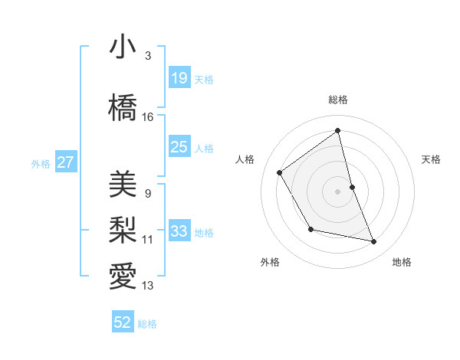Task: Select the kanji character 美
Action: pos(123,185)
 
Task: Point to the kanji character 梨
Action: pos(123,229)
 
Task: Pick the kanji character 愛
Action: pos(123,274)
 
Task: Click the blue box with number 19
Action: pos(179,78)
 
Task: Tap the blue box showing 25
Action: pos(179,147)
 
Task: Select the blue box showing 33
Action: pos(179,231)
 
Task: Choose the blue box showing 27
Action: pos(65,162)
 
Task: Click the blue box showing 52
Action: pos(123,322)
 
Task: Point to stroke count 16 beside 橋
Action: pos(148,117)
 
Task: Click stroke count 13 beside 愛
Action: pos(148,286)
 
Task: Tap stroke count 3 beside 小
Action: pos(148,56)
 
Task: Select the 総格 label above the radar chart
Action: pos(337,100)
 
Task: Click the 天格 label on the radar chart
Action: pos(431,159)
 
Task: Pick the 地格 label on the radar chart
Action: pos(402,262)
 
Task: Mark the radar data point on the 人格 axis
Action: pos(280,172)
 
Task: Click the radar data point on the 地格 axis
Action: pos(374,242)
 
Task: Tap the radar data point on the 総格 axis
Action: pos(337,131)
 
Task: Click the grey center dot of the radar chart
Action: pos(337,191)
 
